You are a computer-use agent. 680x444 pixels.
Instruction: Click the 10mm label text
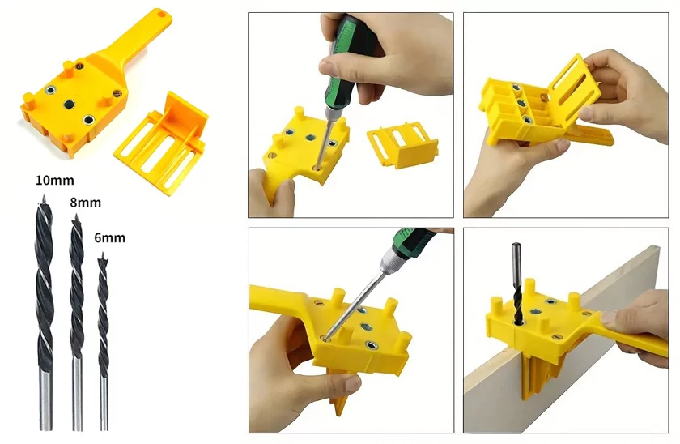click(x=55, y=180)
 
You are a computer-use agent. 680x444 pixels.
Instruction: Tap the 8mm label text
click(x=86, y=203)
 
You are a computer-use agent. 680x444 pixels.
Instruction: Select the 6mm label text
click(x=110, y=237)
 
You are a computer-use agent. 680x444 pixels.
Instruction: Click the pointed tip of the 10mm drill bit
click(x=44, y=197)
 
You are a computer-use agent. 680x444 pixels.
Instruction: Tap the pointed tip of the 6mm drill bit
click(x=103, y=254)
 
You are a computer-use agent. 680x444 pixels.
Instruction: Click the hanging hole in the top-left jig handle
click(x=161, y=14)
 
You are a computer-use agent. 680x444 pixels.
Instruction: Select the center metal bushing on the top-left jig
click(x=70, y=105)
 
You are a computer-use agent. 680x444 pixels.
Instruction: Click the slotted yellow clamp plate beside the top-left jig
click(x=161, y=143)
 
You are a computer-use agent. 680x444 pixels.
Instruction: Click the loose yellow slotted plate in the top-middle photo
click(x=402, y=143)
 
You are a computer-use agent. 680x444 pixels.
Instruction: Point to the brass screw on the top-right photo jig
click(x=543, y=96)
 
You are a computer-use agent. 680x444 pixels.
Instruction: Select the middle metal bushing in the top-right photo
click(x=521, y=103)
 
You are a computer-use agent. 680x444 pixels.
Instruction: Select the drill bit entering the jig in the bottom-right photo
click(x=517, y=283)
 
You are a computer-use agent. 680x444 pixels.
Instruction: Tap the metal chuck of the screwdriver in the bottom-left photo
click(x=389, y=263)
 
